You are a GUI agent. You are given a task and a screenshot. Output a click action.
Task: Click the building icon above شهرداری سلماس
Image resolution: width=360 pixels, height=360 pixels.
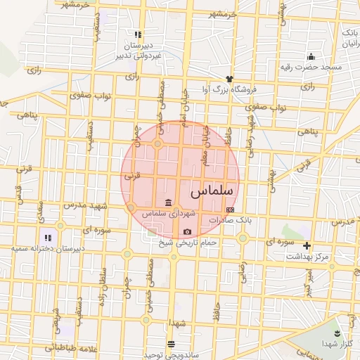click(x=168, y=203)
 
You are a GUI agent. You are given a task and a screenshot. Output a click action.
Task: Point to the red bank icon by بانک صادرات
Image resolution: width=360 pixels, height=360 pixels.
click(x=229, y=210)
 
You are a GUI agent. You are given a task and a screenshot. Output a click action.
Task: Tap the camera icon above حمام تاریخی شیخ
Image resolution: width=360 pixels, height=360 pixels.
click(x=187, y=232)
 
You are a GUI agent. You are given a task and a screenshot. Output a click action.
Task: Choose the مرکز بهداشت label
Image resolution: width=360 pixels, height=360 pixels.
click(x=307, y=257)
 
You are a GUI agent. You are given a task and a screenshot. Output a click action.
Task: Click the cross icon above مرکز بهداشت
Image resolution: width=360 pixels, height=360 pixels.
click(x=307, y=245)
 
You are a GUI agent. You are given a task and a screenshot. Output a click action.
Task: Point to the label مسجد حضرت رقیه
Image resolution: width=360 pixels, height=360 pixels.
click(x=311, y=67)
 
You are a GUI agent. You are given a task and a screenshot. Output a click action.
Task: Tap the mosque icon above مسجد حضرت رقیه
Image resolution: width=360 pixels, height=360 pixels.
click(x=310, y=56)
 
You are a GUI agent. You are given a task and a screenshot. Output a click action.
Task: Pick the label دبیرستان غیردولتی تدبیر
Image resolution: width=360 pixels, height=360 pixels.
click(x=139, y=49)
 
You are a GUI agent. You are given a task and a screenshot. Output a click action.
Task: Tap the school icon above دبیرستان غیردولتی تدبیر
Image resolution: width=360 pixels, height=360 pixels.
click(x=139, y=34)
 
